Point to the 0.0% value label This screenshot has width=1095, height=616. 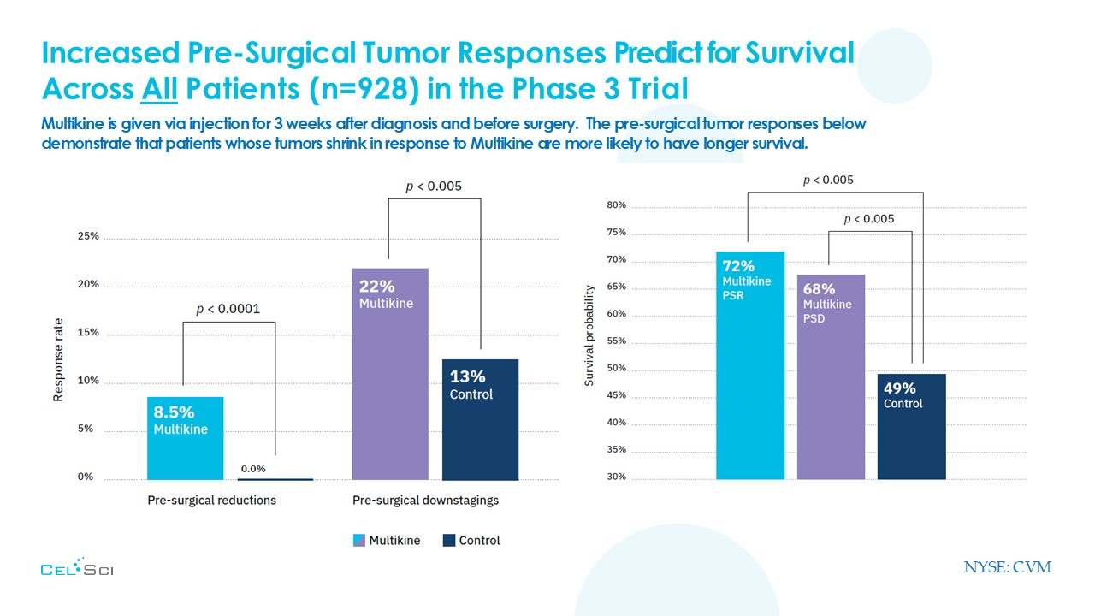pyautogui.click(x=252, y=469)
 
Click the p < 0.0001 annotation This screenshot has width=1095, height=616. pyautogui.click(x=228, y=309)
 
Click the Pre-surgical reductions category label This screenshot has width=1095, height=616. pyautogui.click(x=212, y=500)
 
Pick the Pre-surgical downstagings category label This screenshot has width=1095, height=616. pyautogui.click(x=425, y=500)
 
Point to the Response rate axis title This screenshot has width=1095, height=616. pyautogui.click(x=59, y=359)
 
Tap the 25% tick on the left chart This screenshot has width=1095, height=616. pyautogui.click(x=88, y=236)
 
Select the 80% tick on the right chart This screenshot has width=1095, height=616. pyautogui.click(x=617, y=205)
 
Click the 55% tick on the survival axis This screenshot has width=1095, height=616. pyautogui.click(x=617, y=341)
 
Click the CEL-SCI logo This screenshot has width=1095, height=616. pyautogui.click(x=77, y=568)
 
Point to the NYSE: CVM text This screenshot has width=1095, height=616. pyautogui.click(x=1007, y=567)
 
